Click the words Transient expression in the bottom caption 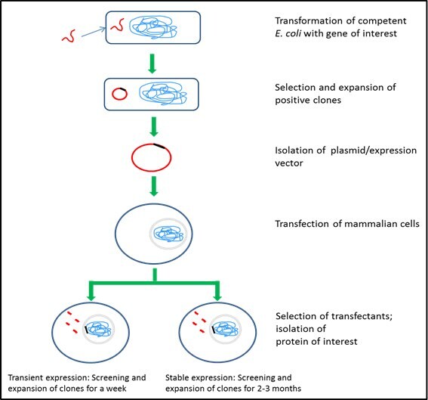coord(45,377)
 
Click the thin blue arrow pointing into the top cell coord(91,32)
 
